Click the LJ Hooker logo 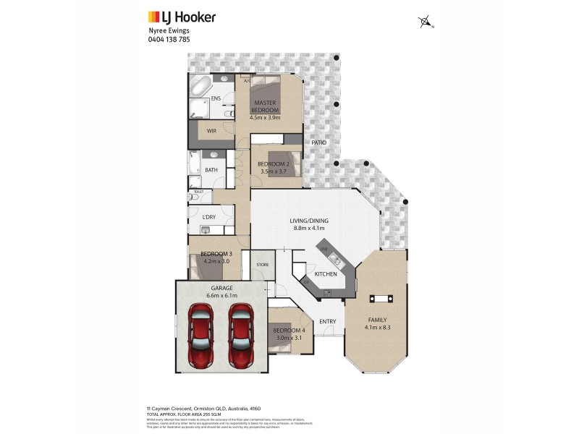pyautogui.click(x=181, y=17)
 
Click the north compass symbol pyautogui.click(x=425, y=22)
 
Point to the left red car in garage pyautogui.click(x=200, y=335)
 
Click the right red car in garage pyautogui.click(x=240, y=335)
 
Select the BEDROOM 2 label pyautogui.click(x=274, y=164)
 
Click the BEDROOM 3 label pyautogui.click(x=216, y=253)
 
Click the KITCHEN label pyautogui.click(x=326, y=275)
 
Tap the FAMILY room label pyautogui.click(x=376, y=320)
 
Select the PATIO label pyautogui.click(x=319, y=142)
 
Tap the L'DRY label pyautogui.click(x=209, y=218)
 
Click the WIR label pyautogui.click(x=211, y=131)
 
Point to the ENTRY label pyautogui.click(x=327, y=321)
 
